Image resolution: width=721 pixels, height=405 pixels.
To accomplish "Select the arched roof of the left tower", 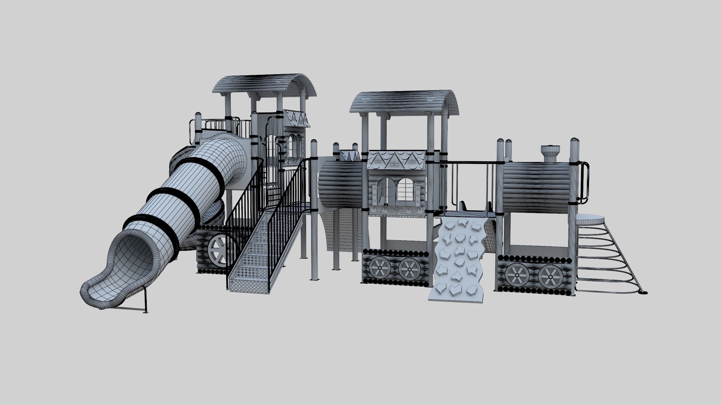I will [265, 86].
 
